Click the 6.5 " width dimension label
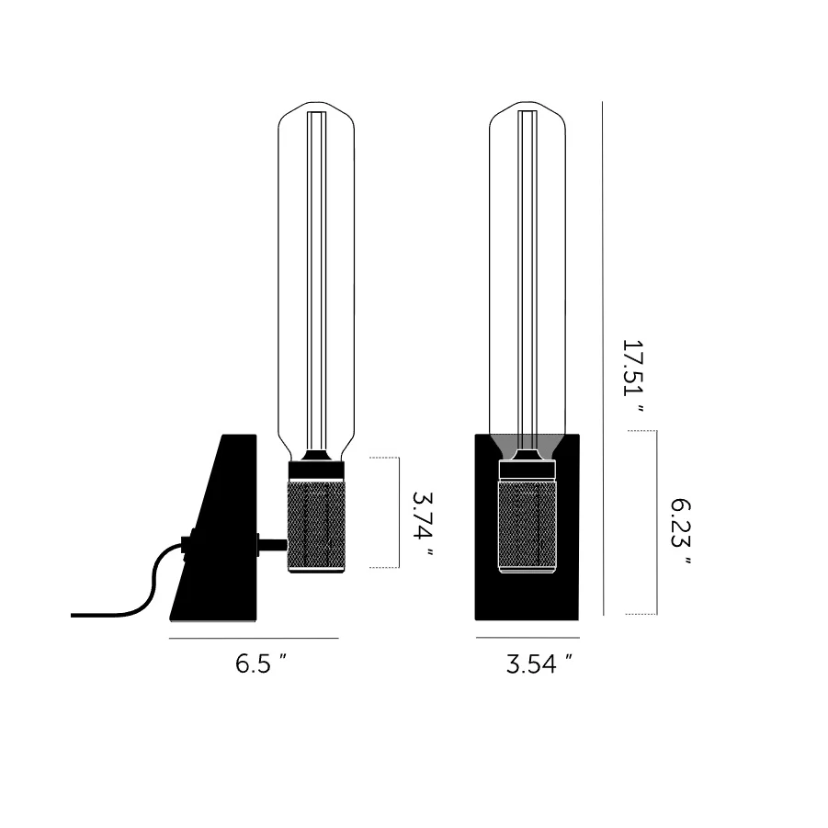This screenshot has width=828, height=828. click(261, 664)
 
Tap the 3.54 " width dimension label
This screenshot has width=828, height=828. click(539, 664)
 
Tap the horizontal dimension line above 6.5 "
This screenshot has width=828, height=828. click(254, 639)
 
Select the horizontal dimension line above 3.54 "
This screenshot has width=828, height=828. click(527, 638)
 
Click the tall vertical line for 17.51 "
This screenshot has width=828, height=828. click(603, 358)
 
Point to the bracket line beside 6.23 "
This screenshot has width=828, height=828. click(657, 522)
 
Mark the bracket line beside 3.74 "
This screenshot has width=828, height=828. click(399, 513)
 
